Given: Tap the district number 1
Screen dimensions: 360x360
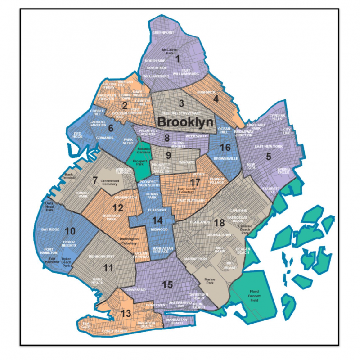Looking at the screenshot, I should click(177, 58).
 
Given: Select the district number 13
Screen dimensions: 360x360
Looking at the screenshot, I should click(126, 314).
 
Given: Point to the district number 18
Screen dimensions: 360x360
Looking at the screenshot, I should click(220, 224).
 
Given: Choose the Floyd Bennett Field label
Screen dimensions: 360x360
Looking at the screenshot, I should click(258, 297).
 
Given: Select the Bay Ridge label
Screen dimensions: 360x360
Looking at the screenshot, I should click(50, 229).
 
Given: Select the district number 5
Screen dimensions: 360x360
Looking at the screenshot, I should click(269, 157).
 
